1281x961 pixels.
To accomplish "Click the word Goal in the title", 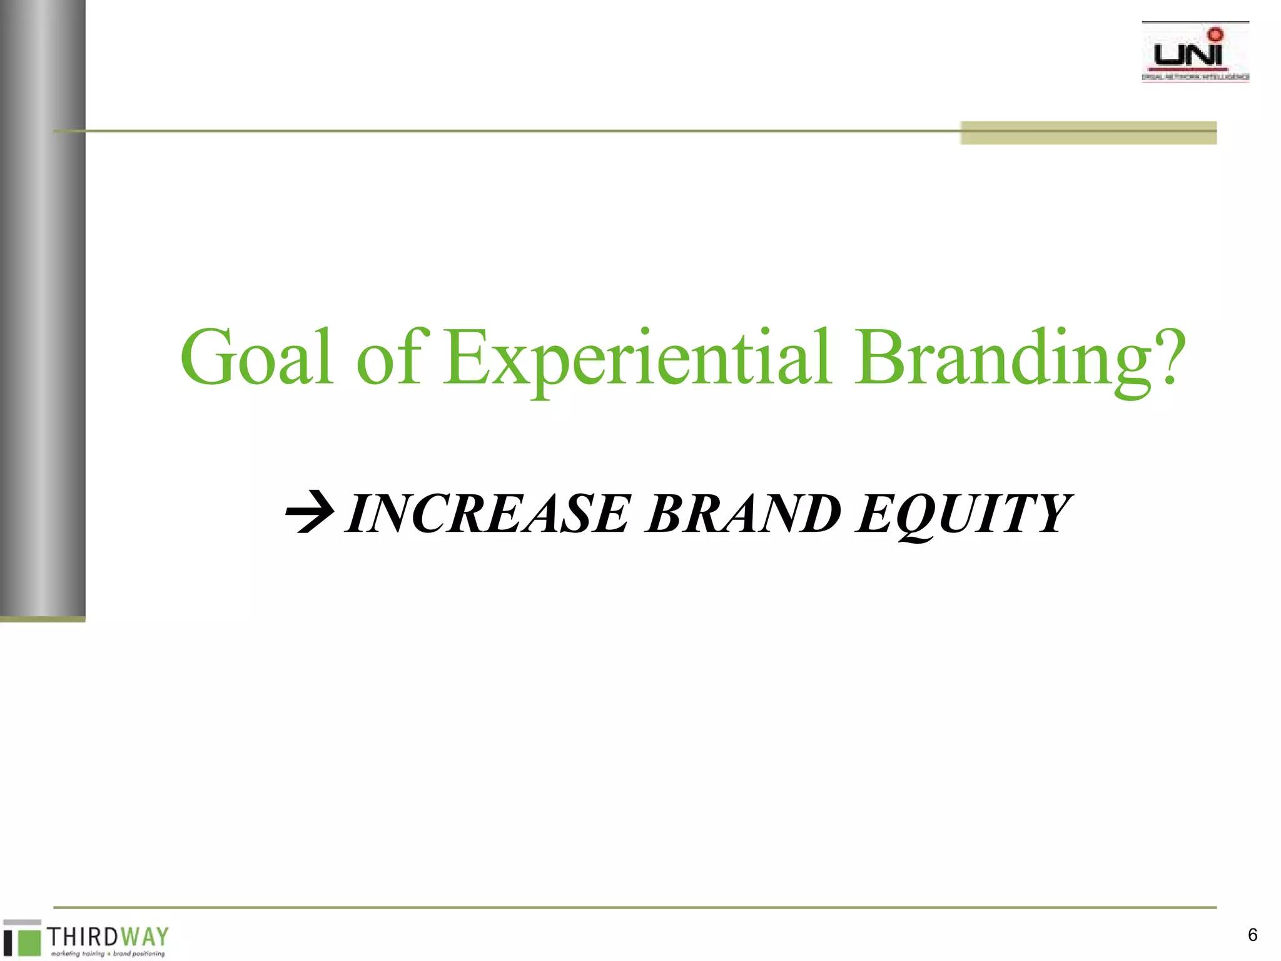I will (256, 358).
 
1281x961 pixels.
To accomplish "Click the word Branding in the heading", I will (1003, 358).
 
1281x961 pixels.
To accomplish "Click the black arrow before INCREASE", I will (309, 512).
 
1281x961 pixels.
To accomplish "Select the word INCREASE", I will (488, 514).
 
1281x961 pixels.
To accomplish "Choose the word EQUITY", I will (963, 514).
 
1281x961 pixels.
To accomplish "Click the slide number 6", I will (1252, 935).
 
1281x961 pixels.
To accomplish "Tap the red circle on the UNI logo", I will (1215, 34).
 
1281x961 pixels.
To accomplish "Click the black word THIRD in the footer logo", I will (83, 937).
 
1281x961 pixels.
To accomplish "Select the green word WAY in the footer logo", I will (145, 937).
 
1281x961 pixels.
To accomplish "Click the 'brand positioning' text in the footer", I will (139, 954).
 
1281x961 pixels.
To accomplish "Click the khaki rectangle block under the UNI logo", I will (1088, 133).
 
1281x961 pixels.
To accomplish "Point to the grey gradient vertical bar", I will (43, 307).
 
